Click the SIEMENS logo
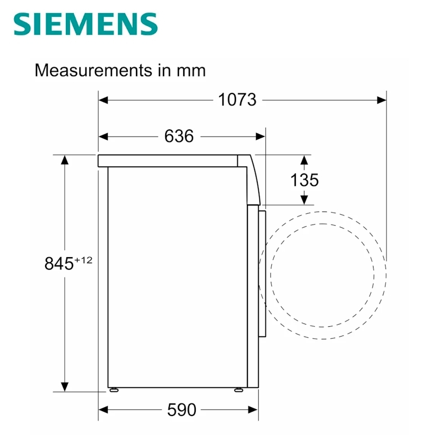click(x=86, y=24)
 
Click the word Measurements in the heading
click(x=93, y=70)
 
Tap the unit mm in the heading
click(x=191, y=71)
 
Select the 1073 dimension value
click(x=237, y=100)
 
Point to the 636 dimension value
click(x=179, y=136)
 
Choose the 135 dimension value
click(x=304, y=180)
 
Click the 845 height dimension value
click(x=59, y=263)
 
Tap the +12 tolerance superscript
click(x=83, y=260)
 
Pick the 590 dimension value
click(x=182, y=409)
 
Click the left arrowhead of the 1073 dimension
click(x=103, y=100)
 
